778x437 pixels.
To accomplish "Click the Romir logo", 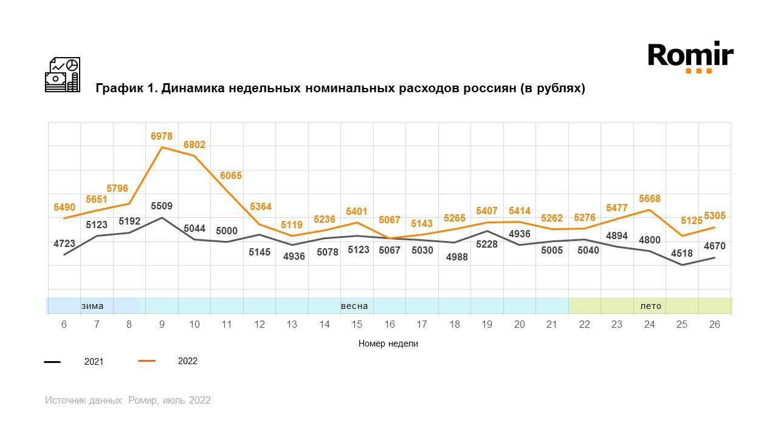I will click(690, 57).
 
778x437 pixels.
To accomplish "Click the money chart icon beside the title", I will click(63, 75).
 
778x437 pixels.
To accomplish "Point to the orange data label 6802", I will click(194, 145).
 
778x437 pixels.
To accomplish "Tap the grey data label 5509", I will click(162, 206).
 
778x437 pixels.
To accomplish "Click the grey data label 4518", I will click(681, 254).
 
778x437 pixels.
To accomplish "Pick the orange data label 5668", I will click(649, 199).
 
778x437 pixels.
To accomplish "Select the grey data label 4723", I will click(64, 244).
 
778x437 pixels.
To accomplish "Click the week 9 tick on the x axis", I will click(162, 325).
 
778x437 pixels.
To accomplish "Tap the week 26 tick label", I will click(714, 325).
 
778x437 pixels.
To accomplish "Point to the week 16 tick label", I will click(389, 325).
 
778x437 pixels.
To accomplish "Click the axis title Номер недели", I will click(388, 344).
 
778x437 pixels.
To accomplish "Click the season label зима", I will click(92, 306).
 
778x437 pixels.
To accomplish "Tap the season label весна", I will click(354, 306).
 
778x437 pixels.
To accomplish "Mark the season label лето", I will click(650, 306).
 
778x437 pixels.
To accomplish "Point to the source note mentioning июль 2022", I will click(128, 401).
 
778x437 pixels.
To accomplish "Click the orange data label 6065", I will click(231, 176).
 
